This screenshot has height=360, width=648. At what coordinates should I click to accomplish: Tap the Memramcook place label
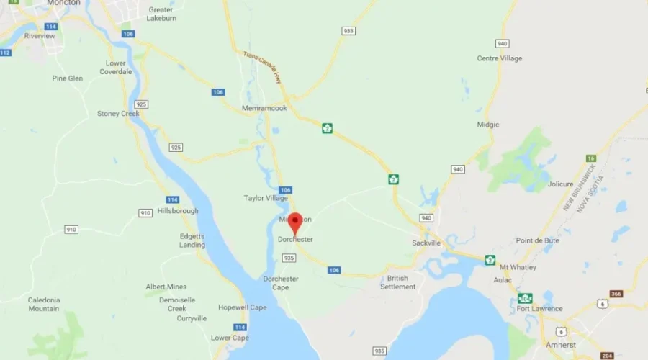264,108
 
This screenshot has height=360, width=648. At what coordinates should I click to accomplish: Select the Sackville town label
426,243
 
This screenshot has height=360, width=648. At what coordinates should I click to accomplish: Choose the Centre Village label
499,58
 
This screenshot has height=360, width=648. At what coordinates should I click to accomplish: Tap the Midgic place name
487,125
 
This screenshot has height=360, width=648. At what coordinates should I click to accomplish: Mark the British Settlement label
397,282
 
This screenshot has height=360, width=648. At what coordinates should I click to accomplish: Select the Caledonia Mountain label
44,304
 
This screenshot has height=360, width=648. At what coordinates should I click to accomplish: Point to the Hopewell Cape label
243,307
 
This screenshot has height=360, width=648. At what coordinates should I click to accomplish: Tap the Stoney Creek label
118,113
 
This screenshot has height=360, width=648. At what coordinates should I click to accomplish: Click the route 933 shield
348,31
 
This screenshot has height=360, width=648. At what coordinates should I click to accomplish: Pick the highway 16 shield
590,158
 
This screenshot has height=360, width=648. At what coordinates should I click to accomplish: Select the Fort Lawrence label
539,310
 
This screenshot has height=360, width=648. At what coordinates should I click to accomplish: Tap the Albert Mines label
166,287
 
